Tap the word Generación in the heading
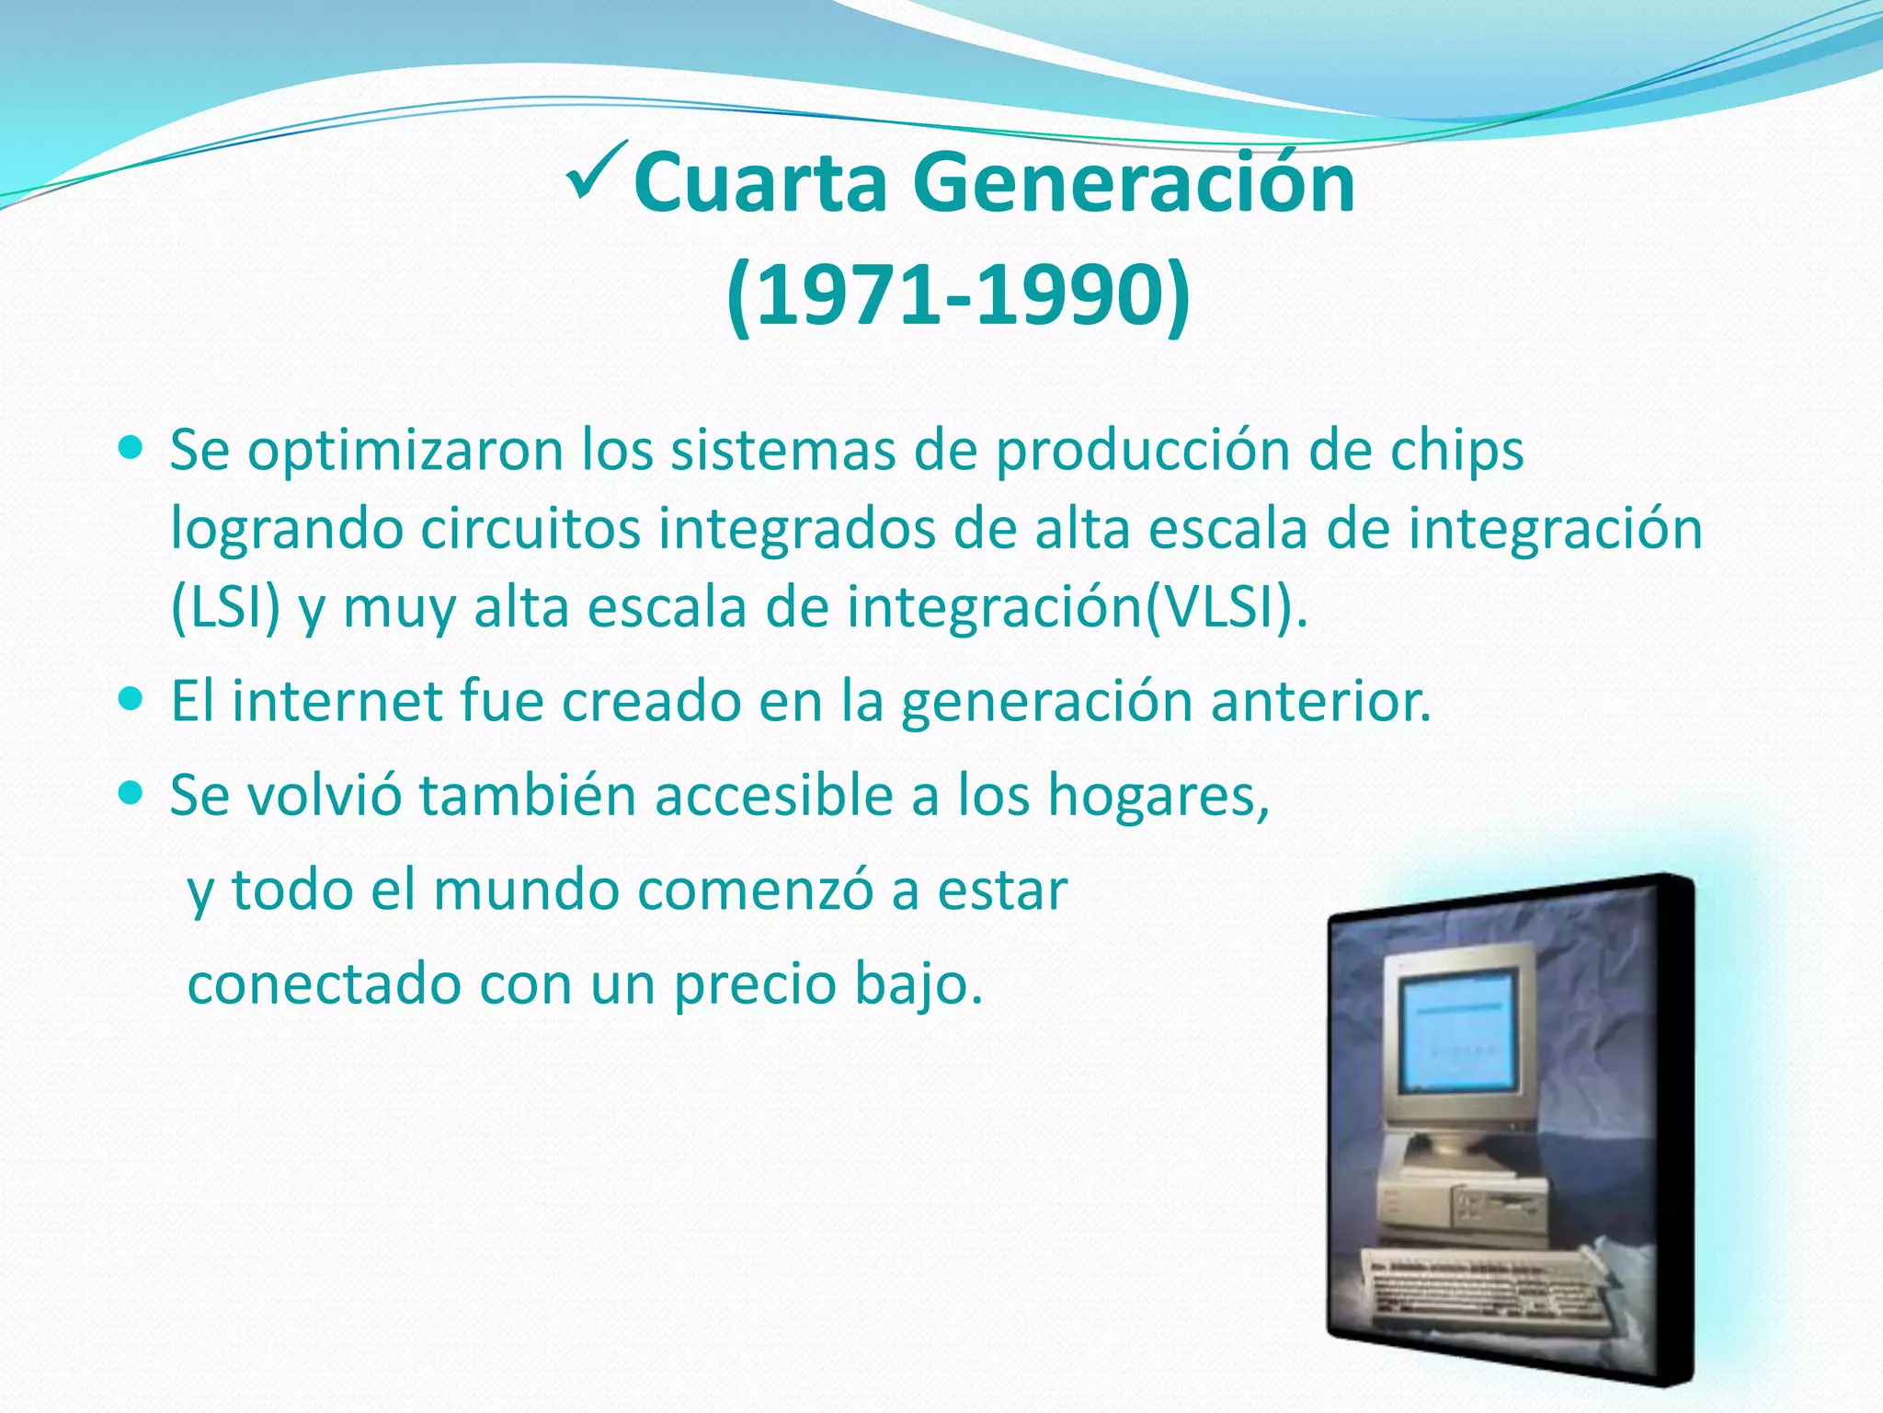pyautogui.click(x=1134, y=183)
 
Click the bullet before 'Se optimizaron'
pyautogui.click(x=132, y=450)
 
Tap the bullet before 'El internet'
pyautogui.click(x=132, y=700)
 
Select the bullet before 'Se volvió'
pyautogui.click(x=132, y=793)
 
